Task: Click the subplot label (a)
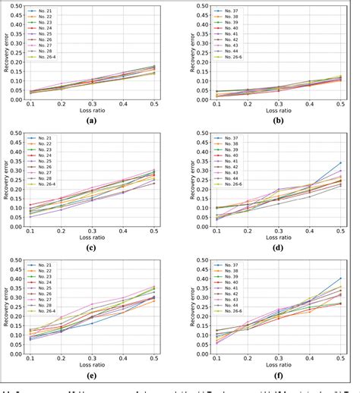coord(91,120)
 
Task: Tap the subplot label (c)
coord(91,247)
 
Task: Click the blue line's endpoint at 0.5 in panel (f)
coord(339,278)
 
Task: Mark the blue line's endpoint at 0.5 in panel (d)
coord(339,162)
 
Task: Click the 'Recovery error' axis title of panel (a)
coord(7,53)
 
